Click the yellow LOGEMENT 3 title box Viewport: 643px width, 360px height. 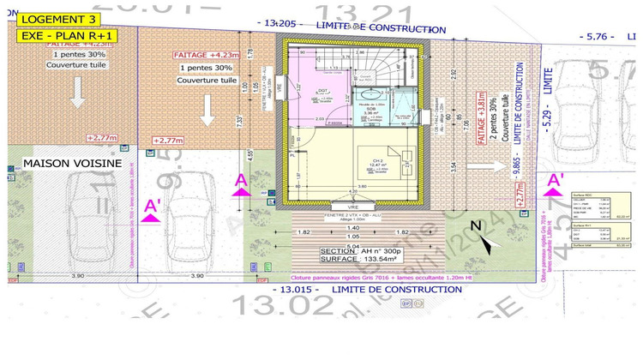click(x=57, y=18)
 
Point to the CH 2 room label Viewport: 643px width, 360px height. click(x=377, y=160)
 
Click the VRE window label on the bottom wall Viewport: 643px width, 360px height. click(x=353, y=208)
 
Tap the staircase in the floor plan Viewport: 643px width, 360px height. click(x=384, y=63)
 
